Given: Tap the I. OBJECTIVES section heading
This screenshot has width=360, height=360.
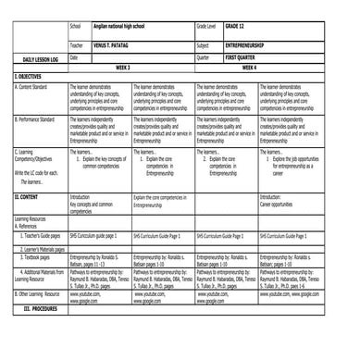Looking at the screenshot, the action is coord(28,76).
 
